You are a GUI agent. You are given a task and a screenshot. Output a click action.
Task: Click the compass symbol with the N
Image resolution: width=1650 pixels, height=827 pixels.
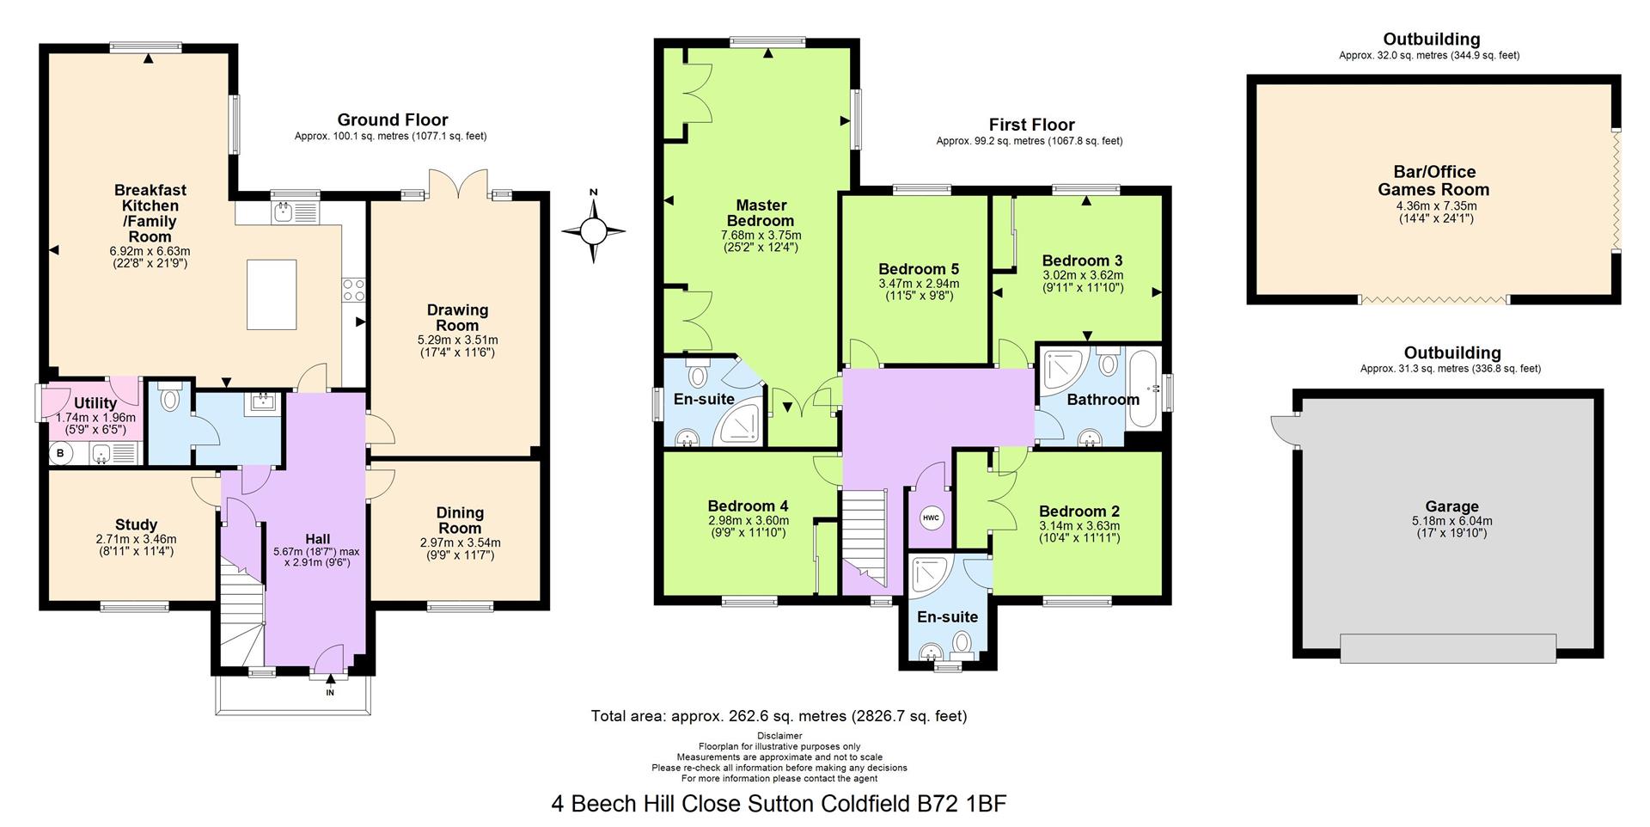click(593, 230)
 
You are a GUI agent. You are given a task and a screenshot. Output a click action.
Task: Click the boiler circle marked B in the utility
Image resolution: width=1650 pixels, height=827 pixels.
click(60, 453)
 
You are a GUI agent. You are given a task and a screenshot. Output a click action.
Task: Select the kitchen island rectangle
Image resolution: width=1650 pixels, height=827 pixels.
click(272, 294)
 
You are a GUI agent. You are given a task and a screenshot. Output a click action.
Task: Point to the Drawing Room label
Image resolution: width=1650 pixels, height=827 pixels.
click(457, 318)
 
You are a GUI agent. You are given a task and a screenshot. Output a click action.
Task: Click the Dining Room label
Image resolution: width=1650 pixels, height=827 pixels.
click(460, 520)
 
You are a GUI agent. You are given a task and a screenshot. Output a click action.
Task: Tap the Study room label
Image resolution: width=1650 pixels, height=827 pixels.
click(137, 524)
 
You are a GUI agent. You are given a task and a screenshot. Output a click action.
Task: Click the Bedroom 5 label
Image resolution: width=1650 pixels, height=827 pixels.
click(919, 269)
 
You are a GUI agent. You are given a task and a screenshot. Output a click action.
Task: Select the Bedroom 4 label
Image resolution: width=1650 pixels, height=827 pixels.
click(748, 506)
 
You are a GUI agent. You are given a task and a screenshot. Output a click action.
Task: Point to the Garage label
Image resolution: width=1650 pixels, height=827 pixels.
click(1452, 507)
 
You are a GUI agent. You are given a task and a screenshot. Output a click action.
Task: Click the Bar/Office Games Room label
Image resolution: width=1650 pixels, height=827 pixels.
click(1434, 181)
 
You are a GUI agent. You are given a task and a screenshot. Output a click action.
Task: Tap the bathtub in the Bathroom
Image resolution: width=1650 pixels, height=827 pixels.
click(1141, 388)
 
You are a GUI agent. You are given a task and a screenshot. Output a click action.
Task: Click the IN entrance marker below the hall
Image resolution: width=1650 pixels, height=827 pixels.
click(330, 692)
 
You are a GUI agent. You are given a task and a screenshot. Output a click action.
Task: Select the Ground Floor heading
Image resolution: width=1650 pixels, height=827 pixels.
click(392, 120)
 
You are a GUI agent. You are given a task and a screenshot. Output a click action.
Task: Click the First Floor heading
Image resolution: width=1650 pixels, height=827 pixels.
click(1031, 125)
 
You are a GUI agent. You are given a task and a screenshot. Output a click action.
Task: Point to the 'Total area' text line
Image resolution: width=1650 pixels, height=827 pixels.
click(779, 715)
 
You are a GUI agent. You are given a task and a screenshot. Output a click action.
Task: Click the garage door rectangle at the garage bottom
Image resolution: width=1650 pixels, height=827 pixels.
click(1448, 648)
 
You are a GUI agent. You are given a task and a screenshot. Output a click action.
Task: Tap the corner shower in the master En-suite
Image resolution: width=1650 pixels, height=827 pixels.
click(739, 426)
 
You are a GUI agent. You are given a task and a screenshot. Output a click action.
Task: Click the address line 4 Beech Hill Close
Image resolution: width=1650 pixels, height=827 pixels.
click(779, 804)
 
